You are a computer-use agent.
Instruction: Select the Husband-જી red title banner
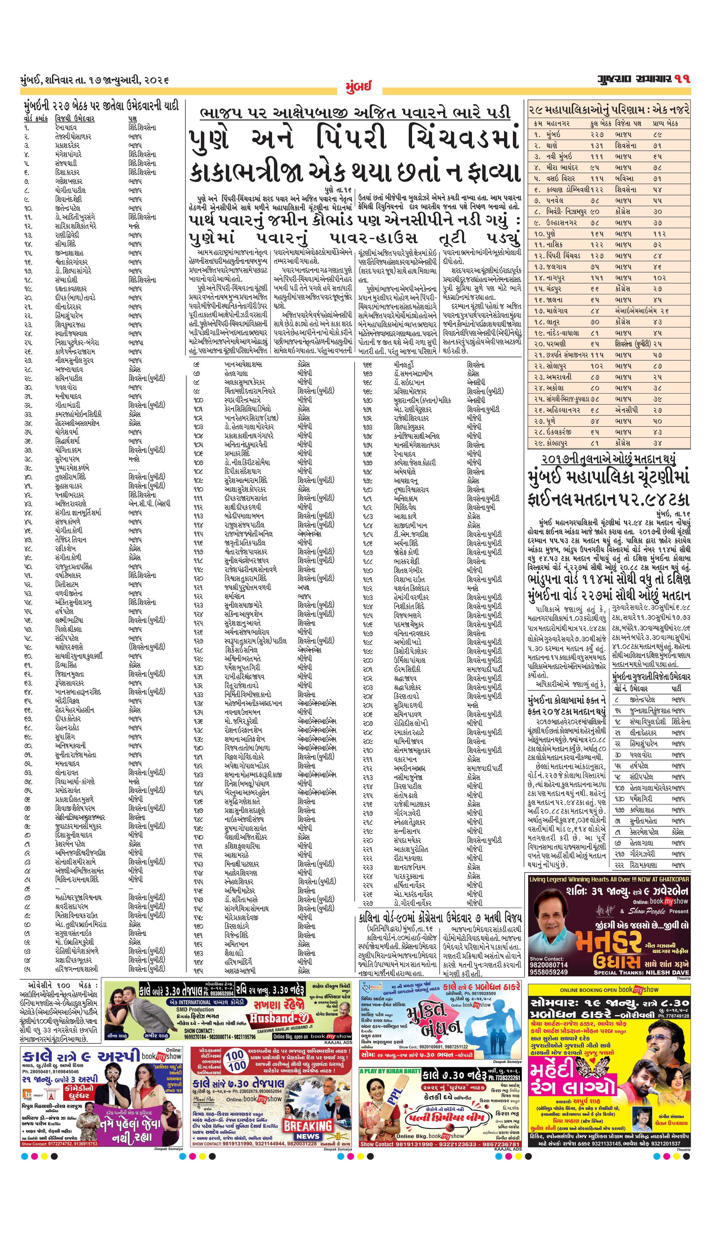pos(279,1018)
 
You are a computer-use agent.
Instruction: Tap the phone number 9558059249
pos(548,972)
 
